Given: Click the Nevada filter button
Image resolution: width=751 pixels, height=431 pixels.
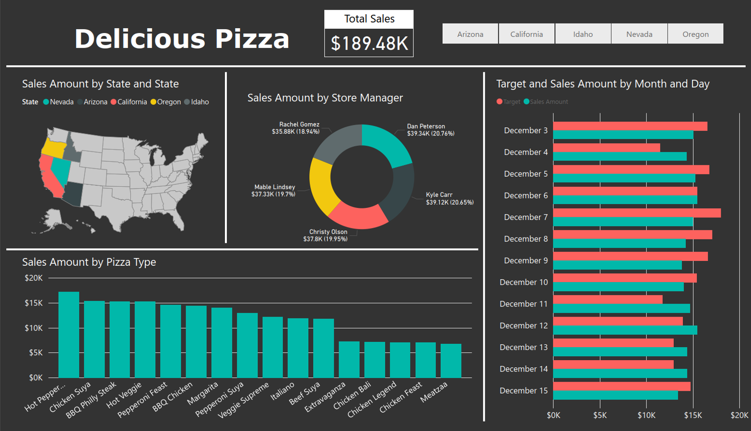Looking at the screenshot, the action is coord(639,34).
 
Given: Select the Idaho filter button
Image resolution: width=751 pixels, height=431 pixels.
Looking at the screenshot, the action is coord(583,34).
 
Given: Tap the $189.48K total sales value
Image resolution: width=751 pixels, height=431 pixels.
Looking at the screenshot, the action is coord(369,43).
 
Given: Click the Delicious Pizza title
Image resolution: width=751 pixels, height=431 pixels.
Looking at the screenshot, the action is coord(182,39).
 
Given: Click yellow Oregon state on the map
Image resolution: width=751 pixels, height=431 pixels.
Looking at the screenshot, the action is coord(53,148).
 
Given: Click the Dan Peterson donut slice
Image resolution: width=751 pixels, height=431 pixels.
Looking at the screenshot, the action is coord(386,144).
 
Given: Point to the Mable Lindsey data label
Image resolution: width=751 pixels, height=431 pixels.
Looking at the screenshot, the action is coord(273,191).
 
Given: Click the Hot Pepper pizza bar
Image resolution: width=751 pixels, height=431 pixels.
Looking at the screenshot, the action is coord(69,335).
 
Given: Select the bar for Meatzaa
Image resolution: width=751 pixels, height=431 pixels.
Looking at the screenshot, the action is coord(451,361).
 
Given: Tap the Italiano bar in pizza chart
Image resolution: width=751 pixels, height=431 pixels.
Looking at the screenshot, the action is coord(298,348).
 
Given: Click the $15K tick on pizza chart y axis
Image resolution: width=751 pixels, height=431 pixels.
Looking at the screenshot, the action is coord(34,303).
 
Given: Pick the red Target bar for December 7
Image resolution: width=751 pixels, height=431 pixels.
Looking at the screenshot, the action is coord(637,213).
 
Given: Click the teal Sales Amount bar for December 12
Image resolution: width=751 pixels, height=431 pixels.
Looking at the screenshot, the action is coord(625,330).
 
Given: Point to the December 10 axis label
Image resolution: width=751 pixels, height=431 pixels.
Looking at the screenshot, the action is coord(524,283).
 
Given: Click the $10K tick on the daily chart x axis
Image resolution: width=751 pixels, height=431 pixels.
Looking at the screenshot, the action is coord(646,415).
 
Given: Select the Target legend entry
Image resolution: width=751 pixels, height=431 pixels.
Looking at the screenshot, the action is coord(508,102).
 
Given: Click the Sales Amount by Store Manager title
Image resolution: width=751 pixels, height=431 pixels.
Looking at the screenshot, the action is coord(325,98).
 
